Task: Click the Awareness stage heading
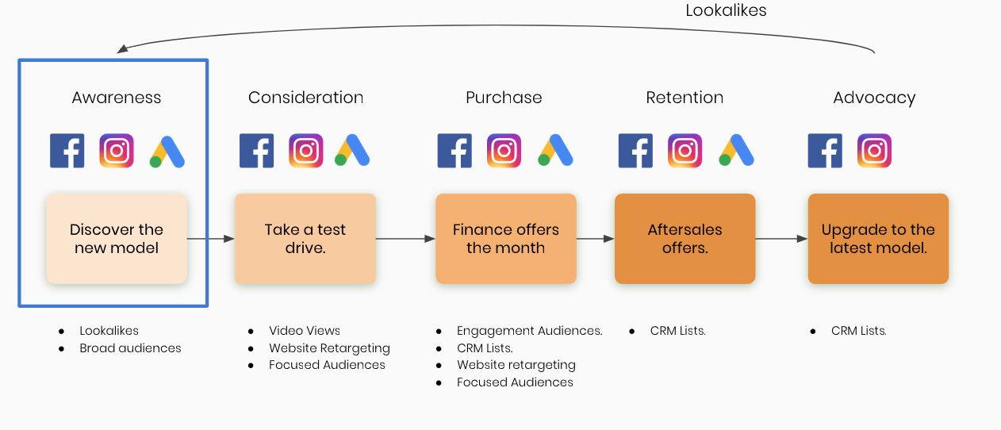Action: pyautogui.click(x=116, y=98)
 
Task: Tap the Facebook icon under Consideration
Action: pyautogui.click(x=256, y=151)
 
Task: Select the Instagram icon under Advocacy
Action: pyautogui.click(x=875, y=151)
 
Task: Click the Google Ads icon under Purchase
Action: pyautogui.click(x=555, y=150)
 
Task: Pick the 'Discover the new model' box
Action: pyautogui.click(x=116, y=239)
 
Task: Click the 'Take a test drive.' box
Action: pyautogui.click(x=305, y=239)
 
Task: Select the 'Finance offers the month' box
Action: pyautogui.click(x=506, y=239)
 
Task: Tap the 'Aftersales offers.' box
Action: pyautogui.click(x=685, y=239)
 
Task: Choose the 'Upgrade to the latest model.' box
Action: pyautogui.click(x=878, y=239)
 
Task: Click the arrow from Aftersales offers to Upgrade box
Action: pyautogui.click(x=781, y=239)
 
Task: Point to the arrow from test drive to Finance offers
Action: pyautogui.click(x=406, y=239)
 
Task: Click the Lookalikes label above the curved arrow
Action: pyautogui.click(x=726, y=10)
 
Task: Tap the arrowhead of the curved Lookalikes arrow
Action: pyautogui.click(x=122, y=48)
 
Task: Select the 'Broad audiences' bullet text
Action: pyautogui.click(x=130, y=347)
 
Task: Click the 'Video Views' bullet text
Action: pyautogui.click(x=305, y=330)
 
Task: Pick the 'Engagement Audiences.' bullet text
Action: pyautogui.click(x=530, y=330)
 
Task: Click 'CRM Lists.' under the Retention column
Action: pyautogui.click(x=678, y=330)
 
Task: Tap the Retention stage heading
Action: pyautogui.click(x=685, y=98)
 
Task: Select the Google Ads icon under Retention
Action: pyautogui.click(x=736, y=150)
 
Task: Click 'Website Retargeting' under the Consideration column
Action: pyautogui.click(x=329, y=348)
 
